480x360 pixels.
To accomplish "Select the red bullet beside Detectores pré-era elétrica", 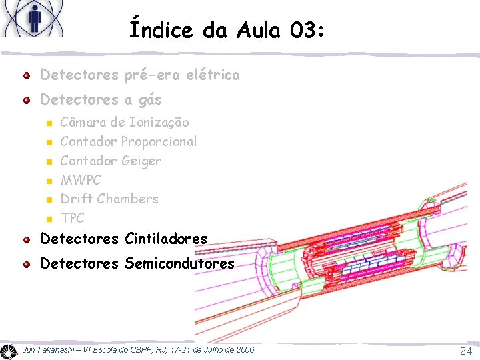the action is coord(26,75).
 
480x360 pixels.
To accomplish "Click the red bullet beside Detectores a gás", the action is coord(26,100).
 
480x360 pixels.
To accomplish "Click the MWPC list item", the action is coord(81,180).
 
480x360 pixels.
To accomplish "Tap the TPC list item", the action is coord(72,218).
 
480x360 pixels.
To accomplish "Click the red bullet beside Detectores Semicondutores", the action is coord(26,265).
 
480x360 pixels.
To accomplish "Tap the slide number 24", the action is coord(465,351).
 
